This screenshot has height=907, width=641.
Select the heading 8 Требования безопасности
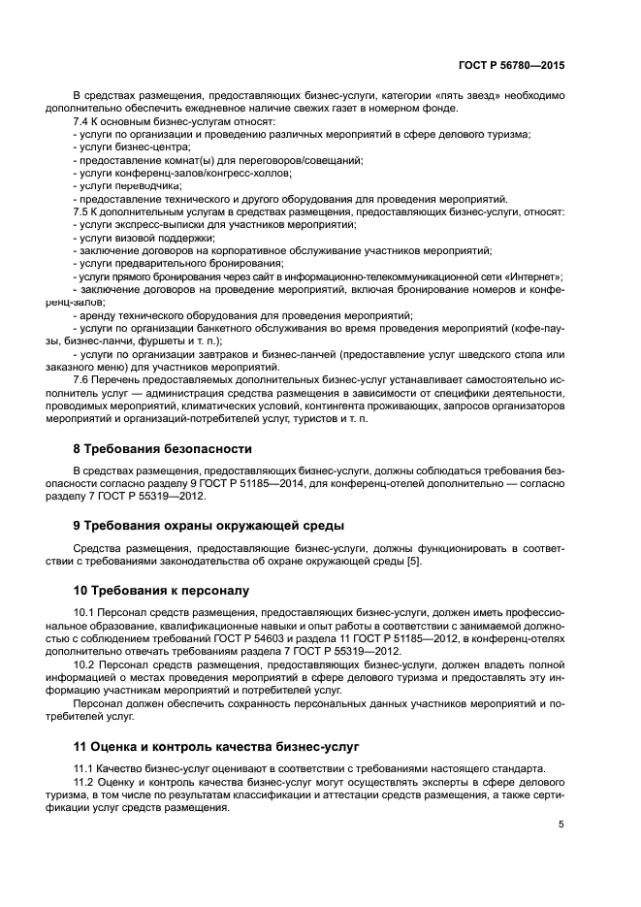162,449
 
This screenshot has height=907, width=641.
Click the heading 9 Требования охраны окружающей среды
208,525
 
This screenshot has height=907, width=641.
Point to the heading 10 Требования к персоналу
161,589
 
